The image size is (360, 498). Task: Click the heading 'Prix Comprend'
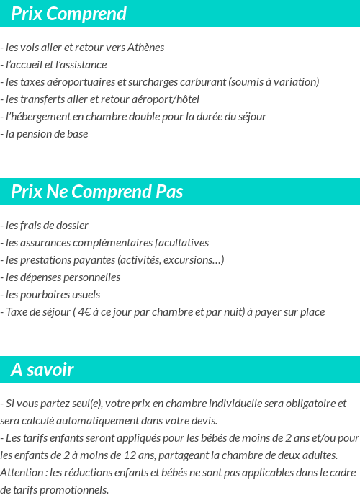pos(68,14)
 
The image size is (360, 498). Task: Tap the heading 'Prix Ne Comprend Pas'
pos(97,192)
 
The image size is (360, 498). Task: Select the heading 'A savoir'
pos(42,370)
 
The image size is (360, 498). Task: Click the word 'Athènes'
pos(145,48)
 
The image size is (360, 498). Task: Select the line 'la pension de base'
pos(46,134)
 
